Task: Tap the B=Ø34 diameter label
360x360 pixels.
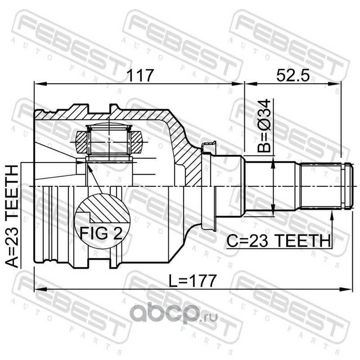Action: click(265, 126)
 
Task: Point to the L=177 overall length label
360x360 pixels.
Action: click(193, 280)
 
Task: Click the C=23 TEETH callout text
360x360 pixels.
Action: click(279, 241)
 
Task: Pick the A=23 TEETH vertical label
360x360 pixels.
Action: click(12, 216)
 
